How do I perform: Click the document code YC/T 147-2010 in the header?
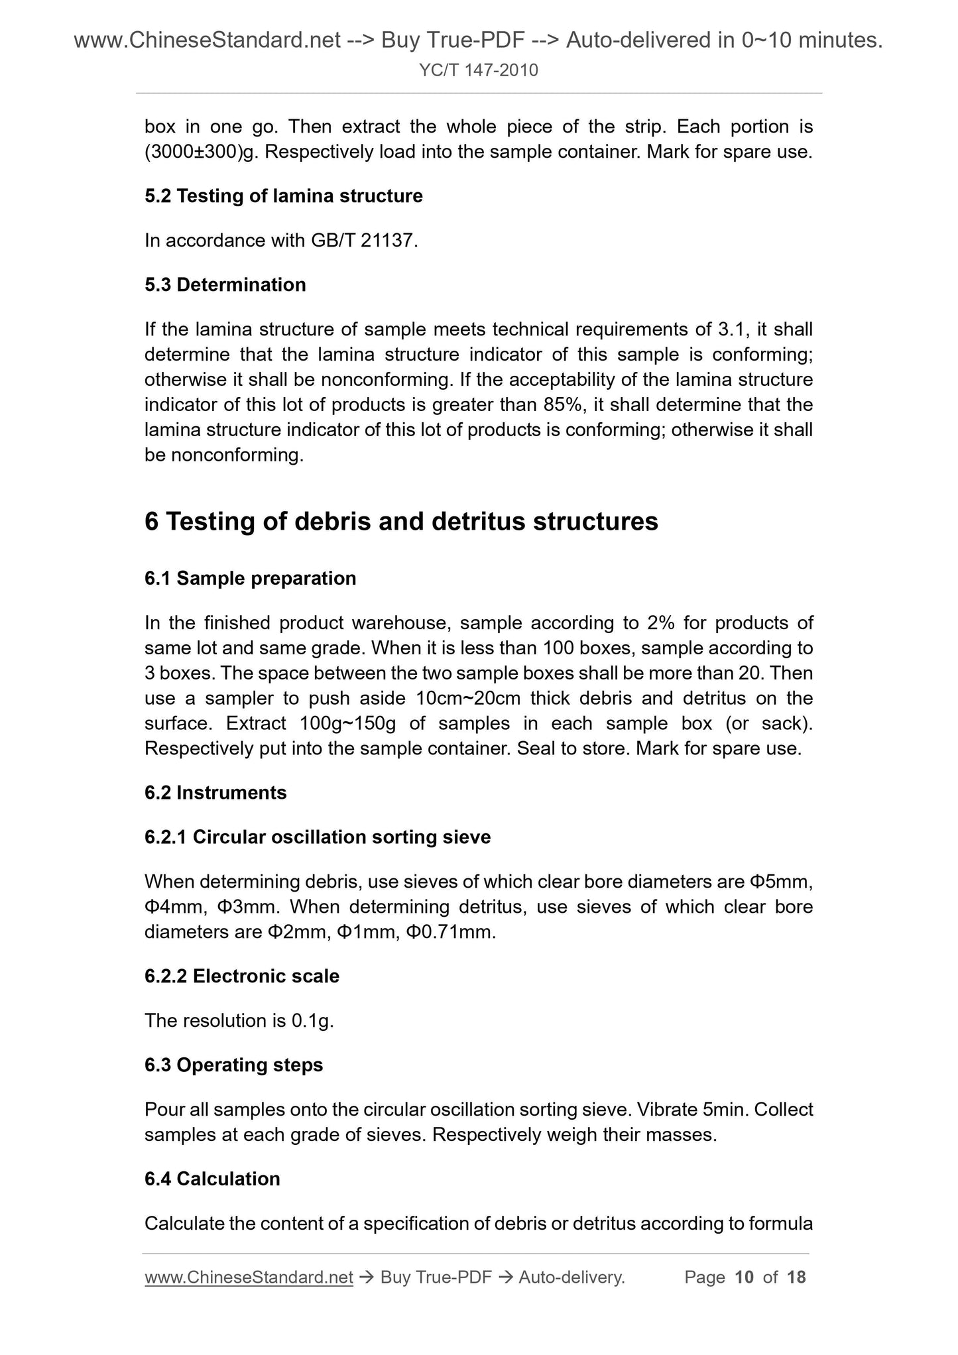coord(479,70)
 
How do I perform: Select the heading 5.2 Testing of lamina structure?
coord(283,196)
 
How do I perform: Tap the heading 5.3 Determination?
coord(225,285)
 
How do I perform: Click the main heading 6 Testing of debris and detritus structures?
coord(401,522)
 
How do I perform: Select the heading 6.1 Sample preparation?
coord(250,579)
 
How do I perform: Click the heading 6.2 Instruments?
coord(215,794)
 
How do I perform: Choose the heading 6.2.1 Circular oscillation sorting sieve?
coord(318,838)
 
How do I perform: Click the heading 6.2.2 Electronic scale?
coord(241,976)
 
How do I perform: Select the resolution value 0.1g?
coord(311,1021)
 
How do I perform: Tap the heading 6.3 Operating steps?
coord(233,1065)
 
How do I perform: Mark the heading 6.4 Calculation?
coord(212,1179)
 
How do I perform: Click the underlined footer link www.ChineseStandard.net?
coord(249,1277)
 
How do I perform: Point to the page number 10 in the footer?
coord(745,1277)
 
